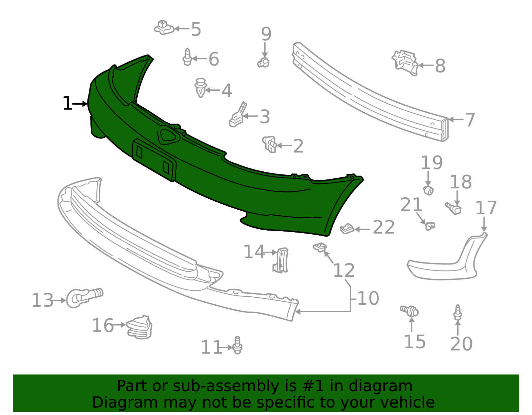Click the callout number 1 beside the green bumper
coord(67,104)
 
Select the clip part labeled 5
coord(164,28)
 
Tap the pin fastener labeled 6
coord(188,57)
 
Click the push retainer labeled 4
coord(200,87)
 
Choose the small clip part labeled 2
coord(270,144)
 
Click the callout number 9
coord(266,34)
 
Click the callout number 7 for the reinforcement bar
coord(470,120)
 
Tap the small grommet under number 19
coord(429,190)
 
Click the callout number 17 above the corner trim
coord(486,208)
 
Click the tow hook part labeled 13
coord(83,297)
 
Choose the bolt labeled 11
coord(237,346)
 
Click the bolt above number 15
coord(410,311)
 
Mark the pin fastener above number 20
coord(458,312)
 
